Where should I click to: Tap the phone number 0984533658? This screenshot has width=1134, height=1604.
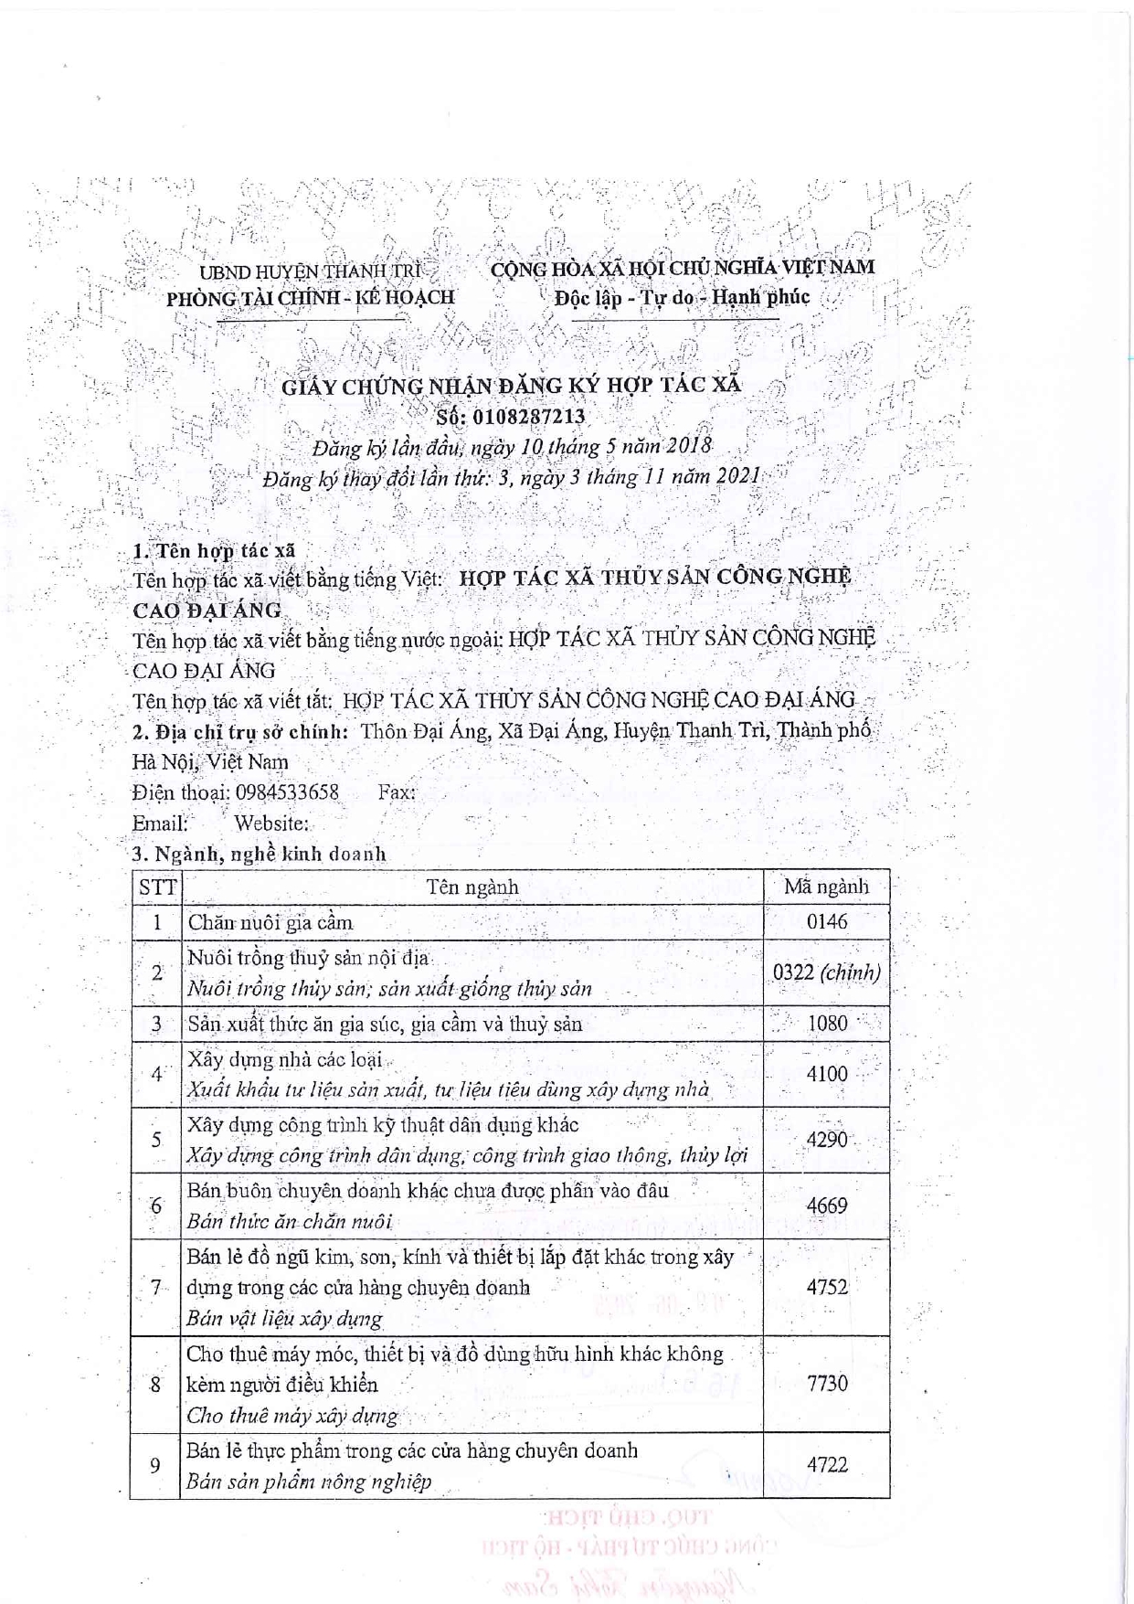point(286,791)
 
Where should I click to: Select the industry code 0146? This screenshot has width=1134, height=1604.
point(826,921)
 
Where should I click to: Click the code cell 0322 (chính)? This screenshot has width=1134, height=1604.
point(826,972)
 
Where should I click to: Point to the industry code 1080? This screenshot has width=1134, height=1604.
point(827,1023)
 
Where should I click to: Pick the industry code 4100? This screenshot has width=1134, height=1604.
point(827,1074)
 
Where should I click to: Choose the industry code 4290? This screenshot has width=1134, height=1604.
point(827,1140)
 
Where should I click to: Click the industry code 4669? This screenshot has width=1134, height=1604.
point(827,1206)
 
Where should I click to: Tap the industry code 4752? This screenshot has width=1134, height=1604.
point(827,1287)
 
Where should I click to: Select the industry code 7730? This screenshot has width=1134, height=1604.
point(827,1384)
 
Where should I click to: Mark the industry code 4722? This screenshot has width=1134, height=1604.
point(827,1465)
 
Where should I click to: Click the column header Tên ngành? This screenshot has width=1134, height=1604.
point(472,887)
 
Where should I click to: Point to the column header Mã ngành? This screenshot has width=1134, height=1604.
point(826,887)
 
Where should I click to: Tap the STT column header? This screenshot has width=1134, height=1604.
point(157,887)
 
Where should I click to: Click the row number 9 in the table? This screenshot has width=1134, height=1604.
point(155,1465)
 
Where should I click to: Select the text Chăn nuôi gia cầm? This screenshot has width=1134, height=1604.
point(270,921)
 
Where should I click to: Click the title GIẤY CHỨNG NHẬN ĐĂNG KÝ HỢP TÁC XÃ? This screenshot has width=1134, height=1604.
point(511,386)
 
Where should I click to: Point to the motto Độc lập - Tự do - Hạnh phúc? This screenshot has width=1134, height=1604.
point(682,297)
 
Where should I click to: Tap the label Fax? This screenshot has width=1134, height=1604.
point(397,791)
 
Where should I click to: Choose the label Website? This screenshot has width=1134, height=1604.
point(271,823)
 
